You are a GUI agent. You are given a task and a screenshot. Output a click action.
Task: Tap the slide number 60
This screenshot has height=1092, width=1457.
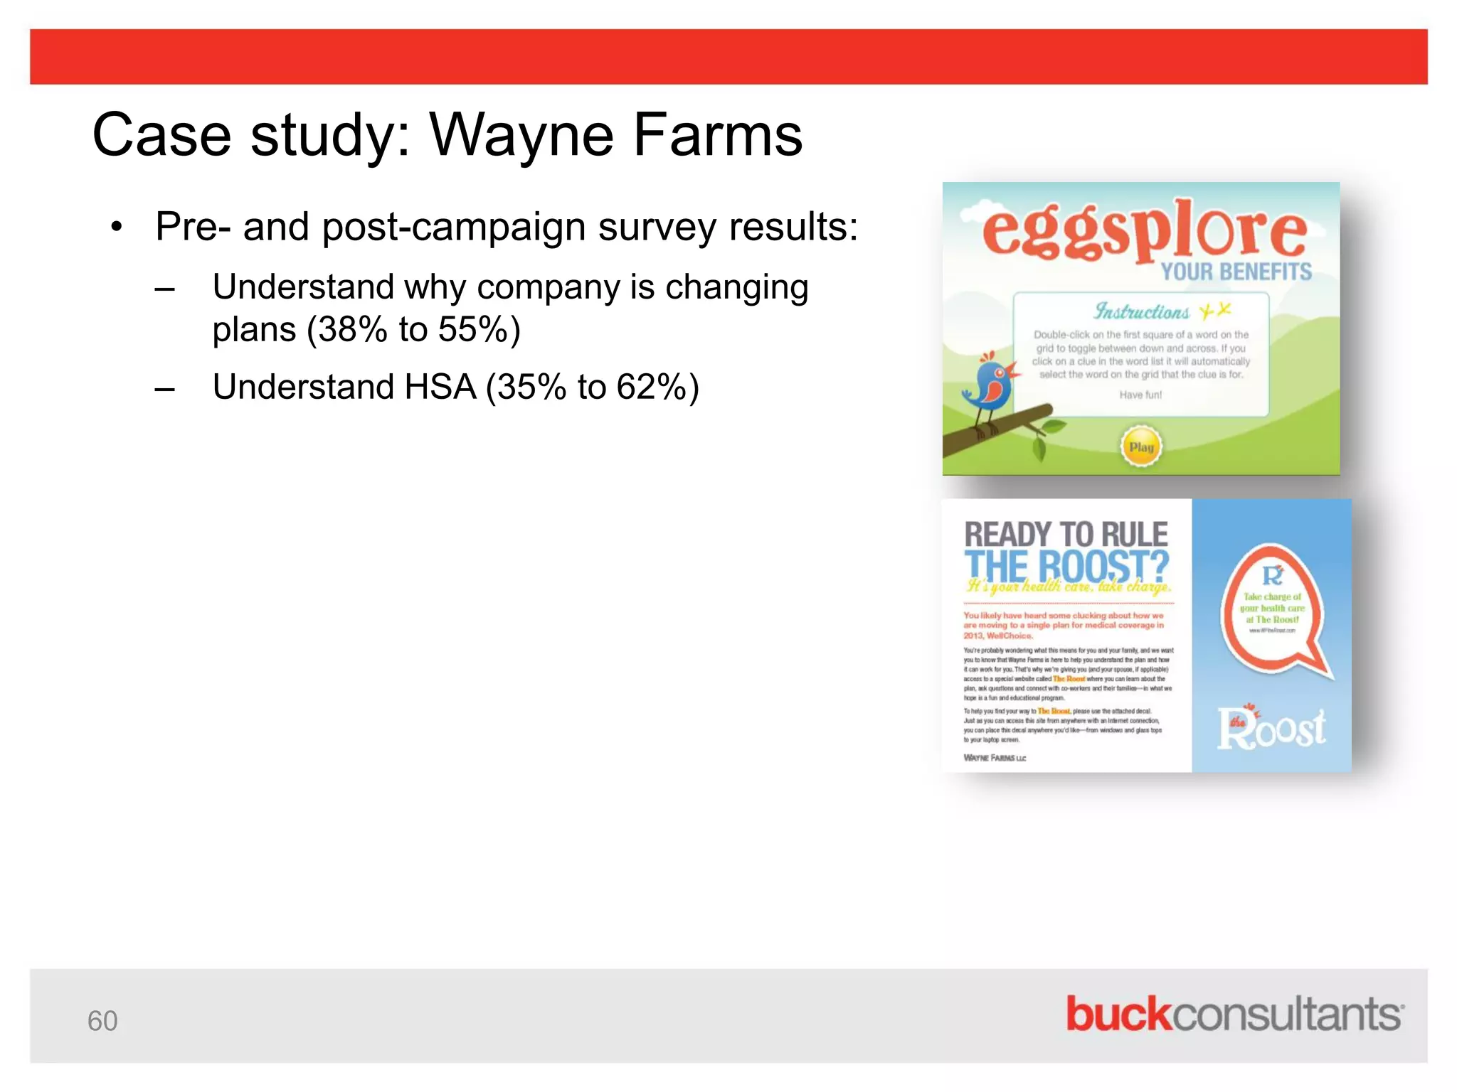point(102,1021)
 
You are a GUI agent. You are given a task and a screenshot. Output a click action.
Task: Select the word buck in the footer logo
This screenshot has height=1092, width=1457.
point(1118,1015)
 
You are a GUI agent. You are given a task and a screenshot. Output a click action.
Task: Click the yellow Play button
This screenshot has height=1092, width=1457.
point(1141,447)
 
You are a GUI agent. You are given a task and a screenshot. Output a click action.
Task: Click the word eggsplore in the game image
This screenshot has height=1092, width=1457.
point(1144,229)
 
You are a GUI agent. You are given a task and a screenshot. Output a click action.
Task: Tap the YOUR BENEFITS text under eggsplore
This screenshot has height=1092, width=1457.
point(1236,272)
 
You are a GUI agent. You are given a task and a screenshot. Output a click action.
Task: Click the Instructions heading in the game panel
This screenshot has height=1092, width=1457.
point(1141,311)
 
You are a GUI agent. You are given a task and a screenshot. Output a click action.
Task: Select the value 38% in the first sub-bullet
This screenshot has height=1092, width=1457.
point(353,330)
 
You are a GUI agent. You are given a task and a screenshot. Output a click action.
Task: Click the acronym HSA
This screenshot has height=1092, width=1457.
point(440,387)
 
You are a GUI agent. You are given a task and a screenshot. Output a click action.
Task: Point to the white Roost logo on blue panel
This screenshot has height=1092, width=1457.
point(1271,729)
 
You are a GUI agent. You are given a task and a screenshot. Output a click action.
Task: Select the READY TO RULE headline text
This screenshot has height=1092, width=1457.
point(1066,535)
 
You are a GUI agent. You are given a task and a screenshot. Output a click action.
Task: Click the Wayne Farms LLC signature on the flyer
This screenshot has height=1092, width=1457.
point(995,758)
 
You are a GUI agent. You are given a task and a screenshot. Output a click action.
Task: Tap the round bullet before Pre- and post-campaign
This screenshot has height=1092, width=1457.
point(117,227)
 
